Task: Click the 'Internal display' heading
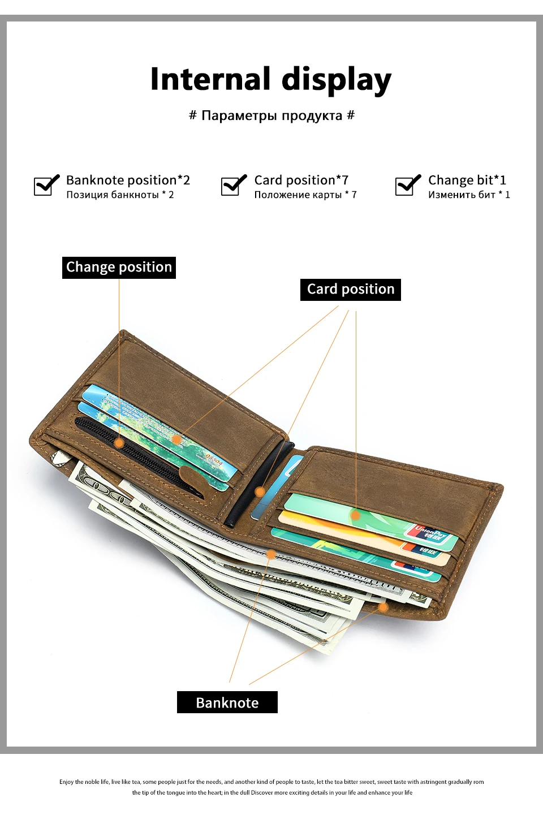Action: tap(270, 79)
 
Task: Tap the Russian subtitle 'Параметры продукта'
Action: tap(271, 116)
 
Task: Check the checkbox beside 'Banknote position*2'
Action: tap(46, 185)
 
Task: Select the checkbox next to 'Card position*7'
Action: tap(232, 185)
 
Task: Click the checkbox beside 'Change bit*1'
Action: tap(407, 185)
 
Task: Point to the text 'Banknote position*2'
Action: tap(128, 180)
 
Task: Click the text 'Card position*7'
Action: tap(301, 180)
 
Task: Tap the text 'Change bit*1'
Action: tap(467, 180)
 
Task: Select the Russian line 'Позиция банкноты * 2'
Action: tap(120, 195)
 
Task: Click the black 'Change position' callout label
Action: tap(119, 268)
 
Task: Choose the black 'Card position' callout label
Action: tap(351, 290)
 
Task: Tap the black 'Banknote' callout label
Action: tap(227, 702)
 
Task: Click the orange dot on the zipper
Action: tap(119, 442)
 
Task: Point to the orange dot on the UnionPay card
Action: tap(355, 515)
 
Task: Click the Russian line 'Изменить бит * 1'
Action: tap(469, 195)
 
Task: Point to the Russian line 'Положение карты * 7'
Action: tap(305, 195)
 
